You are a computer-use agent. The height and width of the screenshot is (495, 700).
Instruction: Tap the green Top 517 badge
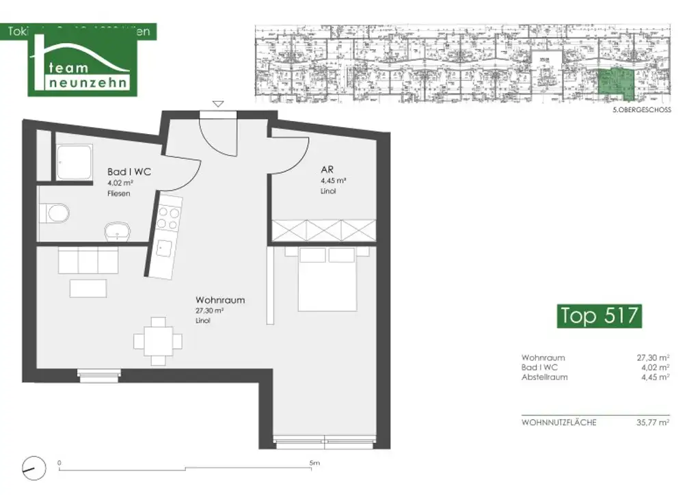[599, 316]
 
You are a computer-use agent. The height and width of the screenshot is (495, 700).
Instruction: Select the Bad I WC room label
[130, 172]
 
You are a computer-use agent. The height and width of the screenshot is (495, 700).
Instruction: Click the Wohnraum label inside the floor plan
[220, 300]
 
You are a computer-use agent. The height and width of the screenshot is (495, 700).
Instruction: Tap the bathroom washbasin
[118, 230]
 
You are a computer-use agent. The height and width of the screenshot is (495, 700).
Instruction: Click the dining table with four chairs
[158, 340]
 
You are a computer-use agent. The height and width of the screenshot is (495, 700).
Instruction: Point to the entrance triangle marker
[218, 104]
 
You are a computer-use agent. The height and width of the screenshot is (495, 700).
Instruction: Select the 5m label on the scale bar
[314, 463]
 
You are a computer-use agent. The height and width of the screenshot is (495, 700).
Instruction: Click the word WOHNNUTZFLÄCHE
[558, 423]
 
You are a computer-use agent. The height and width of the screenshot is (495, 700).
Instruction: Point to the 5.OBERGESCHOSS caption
[642, 110]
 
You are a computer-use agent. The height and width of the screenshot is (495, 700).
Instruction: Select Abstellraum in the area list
[544, 377]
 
